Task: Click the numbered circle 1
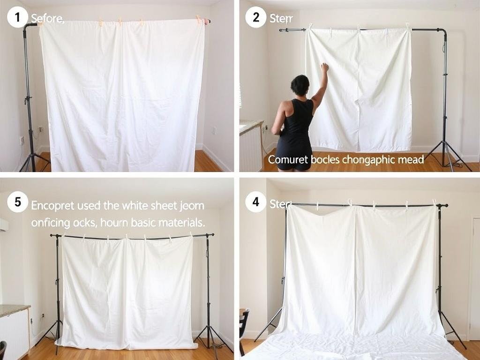[x=17, y=18]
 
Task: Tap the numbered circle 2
[x=255, y=18]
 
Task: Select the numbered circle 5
[x=17, y=202]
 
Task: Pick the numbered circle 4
[x=255, y=202]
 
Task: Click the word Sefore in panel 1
[x=47, y=19]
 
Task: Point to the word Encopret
[x=52, y=205]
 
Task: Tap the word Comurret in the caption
[x=287, y=160]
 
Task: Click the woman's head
[x=300, y=85]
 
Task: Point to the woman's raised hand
[x=324, y=67]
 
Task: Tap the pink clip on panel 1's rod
[x=205, y=21]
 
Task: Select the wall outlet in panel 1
[x=22, y=140]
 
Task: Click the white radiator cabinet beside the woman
[x=252, y=148]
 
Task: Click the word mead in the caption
[x=411, y=160]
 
